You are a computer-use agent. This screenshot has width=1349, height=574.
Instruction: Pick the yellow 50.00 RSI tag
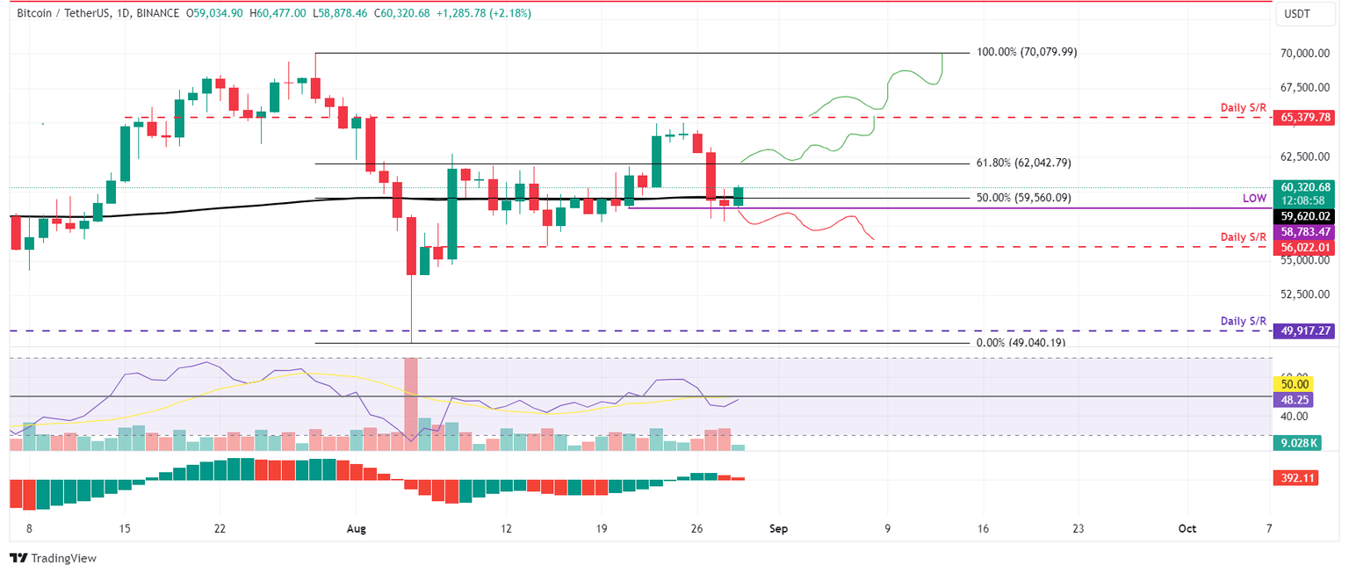tap(1295, 384)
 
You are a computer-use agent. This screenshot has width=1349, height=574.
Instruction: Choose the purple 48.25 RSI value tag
tap(1295, 399)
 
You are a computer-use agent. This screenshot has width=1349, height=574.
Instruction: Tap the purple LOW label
tap(1254, 200)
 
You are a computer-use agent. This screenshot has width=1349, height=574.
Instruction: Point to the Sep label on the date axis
tap(776, 529)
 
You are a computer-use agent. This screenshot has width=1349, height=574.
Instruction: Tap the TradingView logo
tap(53, 558)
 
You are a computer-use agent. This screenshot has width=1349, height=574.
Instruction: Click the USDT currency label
tap(1296, 15)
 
